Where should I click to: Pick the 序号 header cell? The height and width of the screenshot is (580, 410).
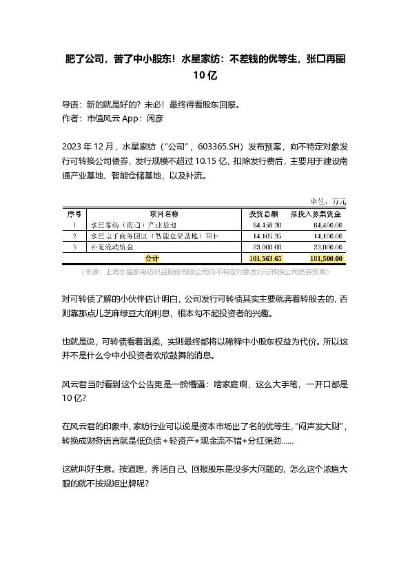[x=73, y=214]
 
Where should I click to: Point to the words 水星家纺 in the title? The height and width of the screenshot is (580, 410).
[x=201, y=60]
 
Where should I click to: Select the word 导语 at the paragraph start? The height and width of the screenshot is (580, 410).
[x=71, y=105]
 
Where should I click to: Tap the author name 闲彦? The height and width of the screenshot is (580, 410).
[x=154, y=118]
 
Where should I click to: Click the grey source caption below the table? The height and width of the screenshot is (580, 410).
[x=205, y=272]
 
